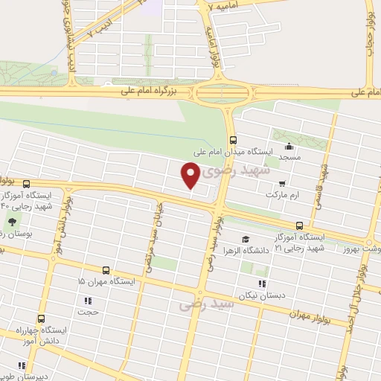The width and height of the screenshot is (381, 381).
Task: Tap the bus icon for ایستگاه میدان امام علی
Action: [x=234, y=139]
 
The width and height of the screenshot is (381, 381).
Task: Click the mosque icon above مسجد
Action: [x=289, y=147]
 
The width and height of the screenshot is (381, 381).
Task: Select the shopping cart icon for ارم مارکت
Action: [x=281, y=182]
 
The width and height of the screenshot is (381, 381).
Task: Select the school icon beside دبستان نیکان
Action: [x=260, y=284]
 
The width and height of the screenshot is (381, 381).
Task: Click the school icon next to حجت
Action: [x=87, y=301]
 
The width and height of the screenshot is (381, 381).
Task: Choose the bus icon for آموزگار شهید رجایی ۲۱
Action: [x=299, y=225]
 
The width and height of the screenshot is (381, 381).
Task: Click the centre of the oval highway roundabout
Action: [x=222, y=93]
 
